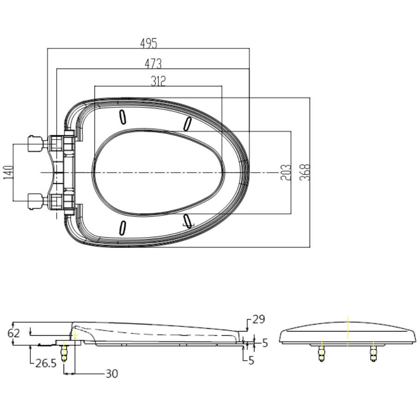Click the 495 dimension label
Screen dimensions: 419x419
coord(149,43)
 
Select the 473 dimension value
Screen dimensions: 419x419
coord(153,64)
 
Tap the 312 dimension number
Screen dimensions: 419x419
coord(158,81)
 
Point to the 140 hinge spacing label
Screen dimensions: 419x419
coord(9,173)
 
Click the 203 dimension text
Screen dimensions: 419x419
coord(286,173)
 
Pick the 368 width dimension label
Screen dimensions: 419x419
coord(305,172)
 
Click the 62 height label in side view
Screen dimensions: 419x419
coord(14,333)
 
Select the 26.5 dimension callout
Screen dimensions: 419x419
coord(46,363)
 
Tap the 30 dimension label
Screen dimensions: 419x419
coord(112,373)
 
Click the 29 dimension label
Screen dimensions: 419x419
coord(259,320)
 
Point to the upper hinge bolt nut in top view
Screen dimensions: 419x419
coord(35,144)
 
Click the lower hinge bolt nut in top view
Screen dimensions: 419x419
coord(35,202)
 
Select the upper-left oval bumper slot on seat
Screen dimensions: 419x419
coord(122,117)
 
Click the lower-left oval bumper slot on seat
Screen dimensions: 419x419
coord(122,228)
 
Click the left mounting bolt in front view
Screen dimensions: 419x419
coord(321,353)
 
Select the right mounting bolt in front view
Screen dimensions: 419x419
coord(373,353)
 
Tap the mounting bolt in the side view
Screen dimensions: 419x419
coord(64,353)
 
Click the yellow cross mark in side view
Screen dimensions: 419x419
coord(76,335)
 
